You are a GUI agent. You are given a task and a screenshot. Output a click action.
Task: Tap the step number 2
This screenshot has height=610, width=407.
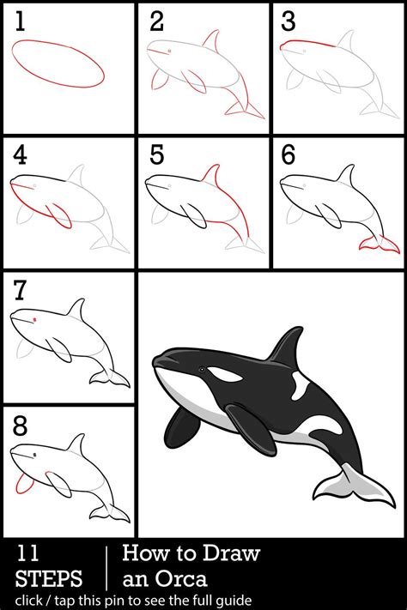pos(155,23)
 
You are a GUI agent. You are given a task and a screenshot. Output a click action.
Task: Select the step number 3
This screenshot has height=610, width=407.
pos(289,23)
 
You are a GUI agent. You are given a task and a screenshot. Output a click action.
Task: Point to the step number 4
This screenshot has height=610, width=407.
pos(20,156)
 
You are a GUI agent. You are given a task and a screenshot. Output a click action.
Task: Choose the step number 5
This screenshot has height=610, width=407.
pos(155,156)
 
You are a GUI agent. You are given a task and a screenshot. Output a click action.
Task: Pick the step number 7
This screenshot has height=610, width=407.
pos(20,290)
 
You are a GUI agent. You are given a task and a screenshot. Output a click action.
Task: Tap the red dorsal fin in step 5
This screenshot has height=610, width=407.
pos(210,178)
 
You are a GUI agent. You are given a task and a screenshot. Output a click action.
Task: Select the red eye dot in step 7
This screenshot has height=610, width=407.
pos(34,320)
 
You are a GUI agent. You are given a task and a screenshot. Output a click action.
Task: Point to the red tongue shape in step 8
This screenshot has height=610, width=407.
pos(24,485)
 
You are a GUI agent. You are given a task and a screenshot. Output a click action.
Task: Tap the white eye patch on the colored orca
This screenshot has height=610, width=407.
pos(223,375)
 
